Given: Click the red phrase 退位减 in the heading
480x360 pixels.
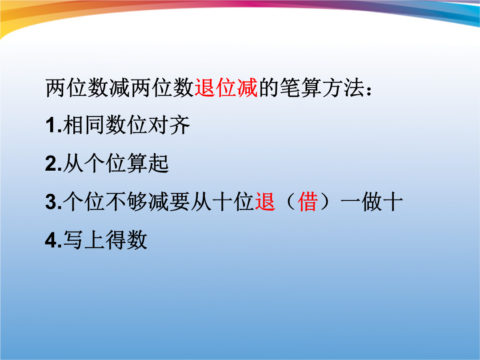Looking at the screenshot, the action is [226, 88].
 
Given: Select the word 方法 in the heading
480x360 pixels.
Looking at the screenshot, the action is [343, 88].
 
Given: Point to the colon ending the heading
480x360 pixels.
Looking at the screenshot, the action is [369, 90].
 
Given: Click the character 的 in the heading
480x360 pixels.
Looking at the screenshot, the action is [268, 88].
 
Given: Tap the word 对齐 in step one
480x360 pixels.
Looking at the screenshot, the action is [169, 125].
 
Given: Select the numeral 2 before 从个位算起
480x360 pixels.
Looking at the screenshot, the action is [51, 164].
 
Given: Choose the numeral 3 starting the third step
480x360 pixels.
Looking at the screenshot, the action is [51, 202].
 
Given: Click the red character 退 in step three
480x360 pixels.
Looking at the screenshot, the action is [265, 202].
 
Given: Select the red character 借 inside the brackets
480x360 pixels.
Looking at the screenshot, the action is [308, 202].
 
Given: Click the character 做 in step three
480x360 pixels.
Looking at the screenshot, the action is [372, 202].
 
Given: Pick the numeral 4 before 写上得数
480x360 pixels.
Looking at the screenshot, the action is [51, 240].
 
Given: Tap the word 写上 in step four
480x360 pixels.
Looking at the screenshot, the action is [84, 240].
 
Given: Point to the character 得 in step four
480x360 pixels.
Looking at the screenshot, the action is [116, 240].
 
